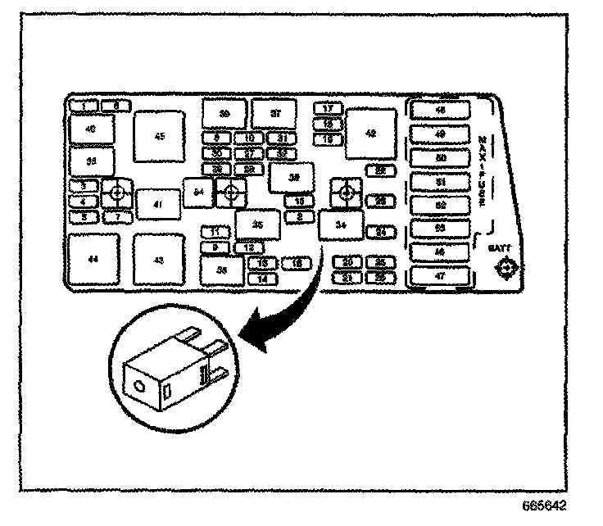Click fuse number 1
84,106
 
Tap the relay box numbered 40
90,129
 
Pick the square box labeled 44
93,259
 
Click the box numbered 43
159,260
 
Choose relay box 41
158,204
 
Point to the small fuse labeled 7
118,216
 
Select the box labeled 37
275,113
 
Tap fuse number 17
328,108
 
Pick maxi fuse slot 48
440,111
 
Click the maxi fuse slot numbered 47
440,276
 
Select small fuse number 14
262,279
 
